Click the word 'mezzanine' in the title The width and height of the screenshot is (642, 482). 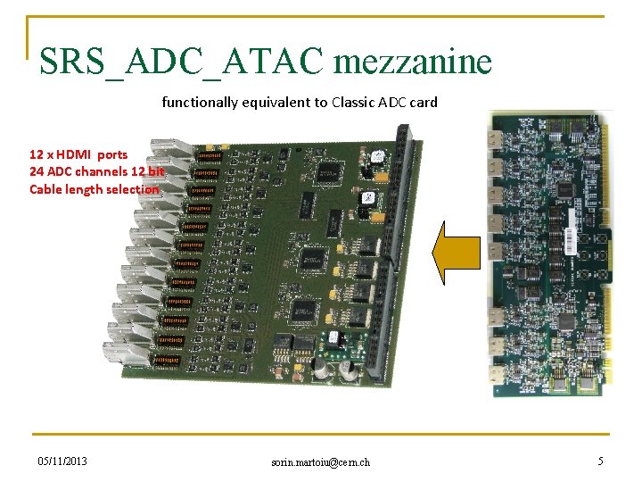coord(413,62)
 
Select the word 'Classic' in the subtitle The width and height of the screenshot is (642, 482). coord(355,102)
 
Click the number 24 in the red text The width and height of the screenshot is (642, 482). coord(37,171)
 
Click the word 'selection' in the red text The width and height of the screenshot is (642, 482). coord(132,188)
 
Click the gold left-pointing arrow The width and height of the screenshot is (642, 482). coord(456,253)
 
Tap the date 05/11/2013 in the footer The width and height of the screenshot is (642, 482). coord(62,461)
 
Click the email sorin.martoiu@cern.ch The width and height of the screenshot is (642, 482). coord(321,461)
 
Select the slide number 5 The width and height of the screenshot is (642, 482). coord(600,461)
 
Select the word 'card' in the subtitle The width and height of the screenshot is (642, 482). coord(424,102)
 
